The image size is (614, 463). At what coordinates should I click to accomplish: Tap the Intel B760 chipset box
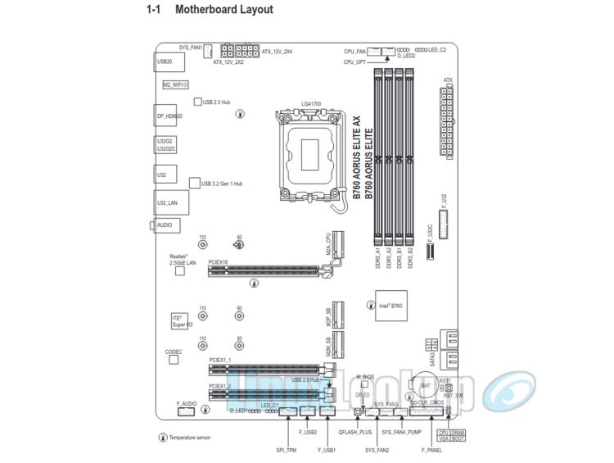(389, 305)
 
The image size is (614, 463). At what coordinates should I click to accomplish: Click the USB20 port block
(165, 61)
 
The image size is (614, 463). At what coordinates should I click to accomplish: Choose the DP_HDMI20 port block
(169, 116)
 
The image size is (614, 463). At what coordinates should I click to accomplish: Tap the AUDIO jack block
(165, 225)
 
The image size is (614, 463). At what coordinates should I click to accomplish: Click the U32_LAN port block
(167, 201)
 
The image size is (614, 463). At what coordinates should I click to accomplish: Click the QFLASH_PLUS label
(355, 431)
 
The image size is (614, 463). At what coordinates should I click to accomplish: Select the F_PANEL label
(432, 450)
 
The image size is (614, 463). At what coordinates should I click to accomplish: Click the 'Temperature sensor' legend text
(189, 438)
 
